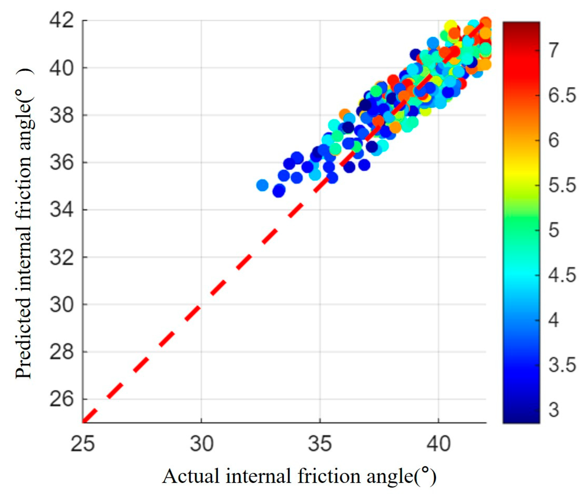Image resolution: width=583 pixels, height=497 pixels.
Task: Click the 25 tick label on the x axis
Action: click(83, 444)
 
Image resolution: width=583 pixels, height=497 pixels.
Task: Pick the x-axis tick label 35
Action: click(320, 444)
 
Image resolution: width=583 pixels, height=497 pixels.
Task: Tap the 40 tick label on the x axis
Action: click(439, 444)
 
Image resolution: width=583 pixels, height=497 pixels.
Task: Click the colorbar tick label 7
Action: click(553, 51)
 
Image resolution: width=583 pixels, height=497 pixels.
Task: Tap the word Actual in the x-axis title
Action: click(190, 477)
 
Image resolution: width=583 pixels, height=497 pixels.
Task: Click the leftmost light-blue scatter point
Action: click(262, 185)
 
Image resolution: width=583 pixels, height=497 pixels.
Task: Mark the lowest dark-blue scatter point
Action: click(279, 192)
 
